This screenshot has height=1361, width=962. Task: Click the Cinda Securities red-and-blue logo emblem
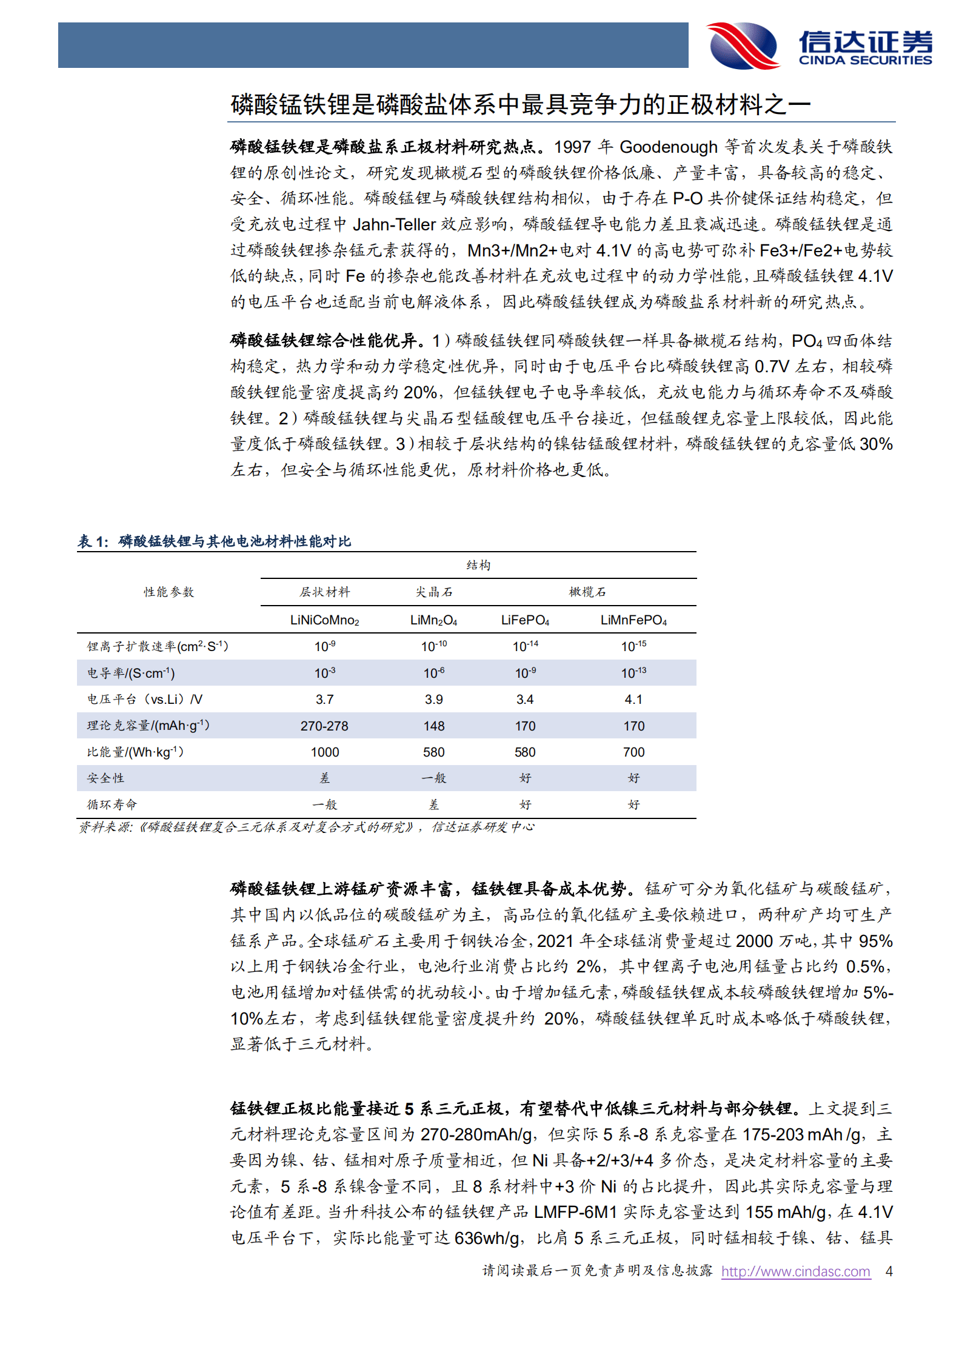744,45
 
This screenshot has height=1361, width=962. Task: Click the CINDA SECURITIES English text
865,60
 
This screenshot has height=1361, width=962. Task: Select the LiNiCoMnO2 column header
325,620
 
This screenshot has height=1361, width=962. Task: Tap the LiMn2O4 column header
434,620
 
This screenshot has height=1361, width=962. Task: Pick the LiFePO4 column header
525,620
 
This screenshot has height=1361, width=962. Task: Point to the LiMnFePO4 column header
633,620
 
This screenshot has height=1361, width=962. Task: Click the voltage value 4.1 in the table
633,700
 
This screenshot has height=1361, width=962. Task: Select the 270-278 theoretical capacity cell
324,726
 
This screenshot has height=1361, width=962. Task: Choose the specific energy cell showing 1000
325,752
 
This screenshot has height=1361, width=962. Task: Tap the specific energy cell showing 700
633,752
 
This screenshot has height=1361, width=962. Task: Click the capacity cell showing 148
434,726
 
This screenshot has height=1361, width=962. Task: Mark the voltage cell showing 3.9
434,700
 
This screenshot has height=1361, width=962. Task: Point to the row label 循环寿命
112,804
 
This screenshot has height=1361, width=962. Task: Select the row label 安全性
105,778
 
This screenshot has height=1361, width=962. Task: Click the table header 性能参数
169,592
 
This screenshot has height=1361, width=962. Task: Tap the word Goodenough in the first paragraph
669,147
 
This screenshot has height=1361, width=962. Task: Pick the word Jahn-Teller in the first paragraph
394,225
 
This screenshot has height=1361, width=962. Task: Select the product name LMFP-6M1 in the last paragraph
575,1212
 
